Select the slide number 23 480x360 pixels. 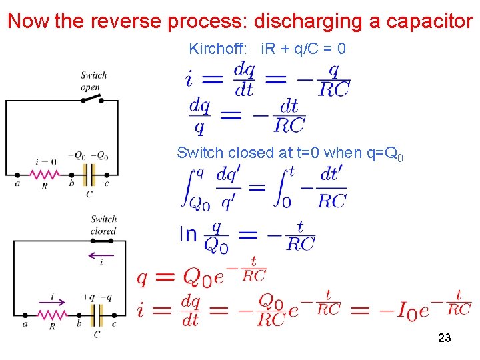445,338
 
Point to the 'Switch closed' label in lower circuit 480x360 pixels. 103,225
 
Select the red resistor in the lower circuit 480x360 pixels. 53,314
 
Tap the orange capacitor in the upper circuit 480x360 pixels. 89,175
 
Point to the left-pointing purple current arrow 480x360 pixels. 101,254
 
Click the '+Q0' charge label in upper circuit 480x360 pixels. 76,156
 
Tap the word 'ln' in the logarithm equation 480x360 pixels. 188,235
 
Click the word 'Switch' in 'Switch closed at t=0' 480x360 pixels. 199,153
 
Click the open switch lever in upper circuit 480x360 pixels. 91,99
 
